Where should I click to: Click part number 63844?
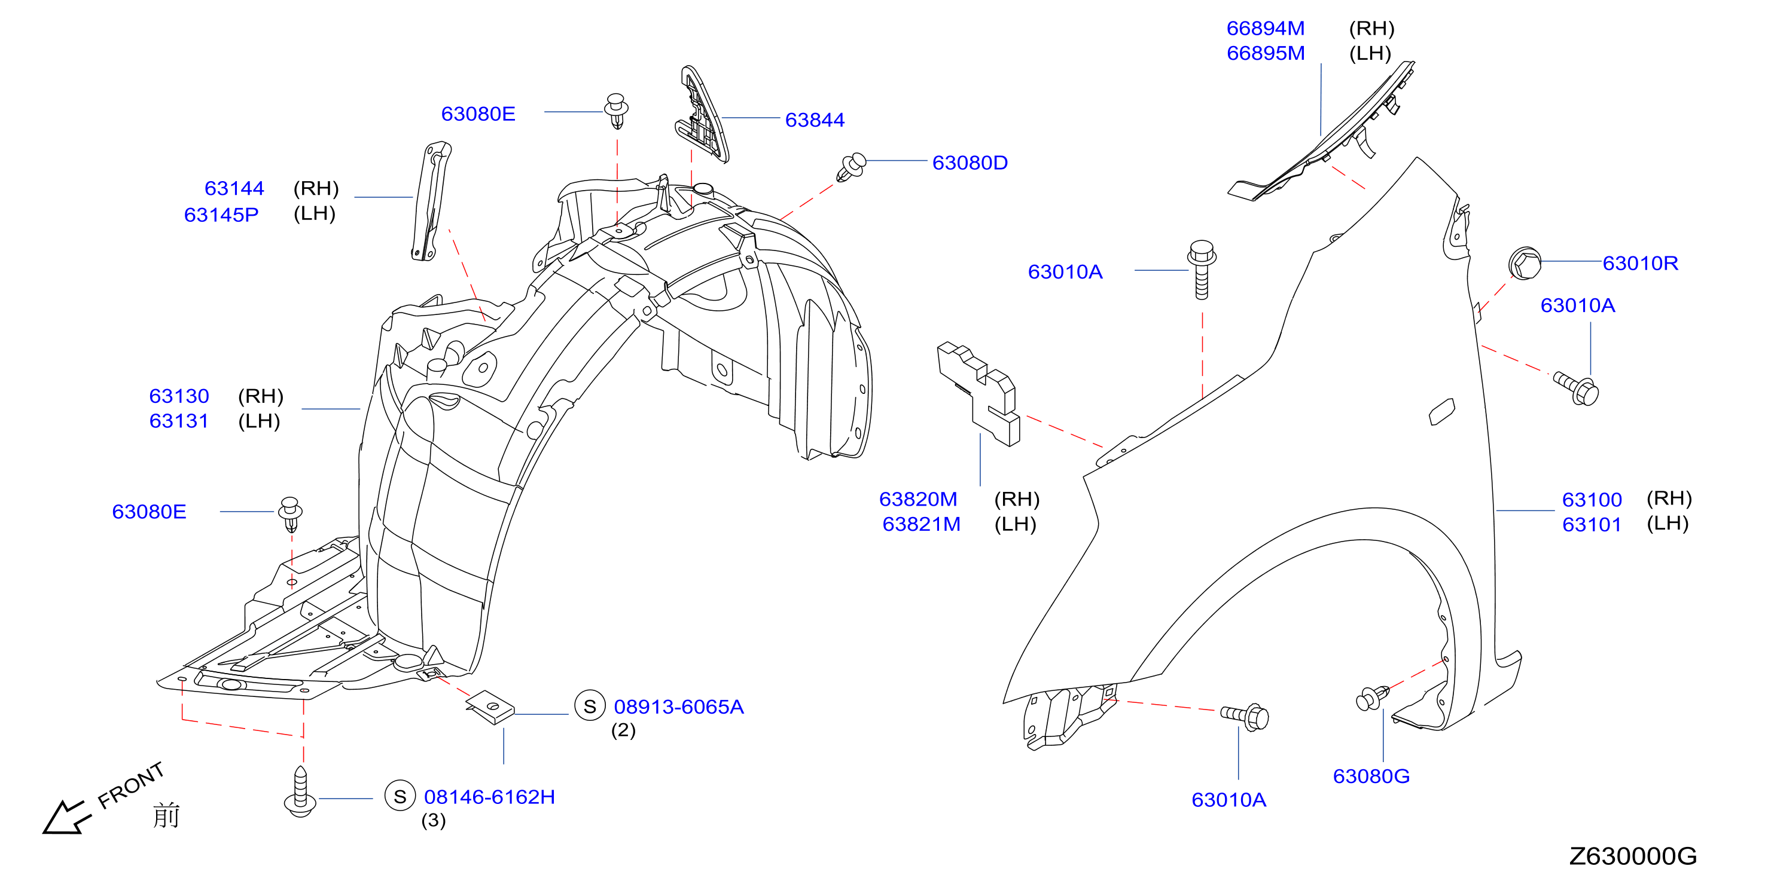click(x=815, y=120)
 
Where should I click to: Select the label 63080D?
click(x=970, y=163)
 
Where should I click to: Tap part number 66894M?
click(x=1266, y=28)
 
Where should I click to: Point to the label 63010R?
click(x=1641, y=263)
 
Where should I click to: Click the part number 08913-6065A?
click(x=678, y=707)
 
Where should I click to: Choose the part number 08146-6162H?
click(x=489, y=797)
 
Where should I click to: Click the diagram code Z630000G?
click(x=1633, y=856)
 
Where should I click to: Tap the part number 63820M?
click(x=918, y=499)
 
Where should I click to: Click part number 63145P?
click(x=221, y=215)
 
